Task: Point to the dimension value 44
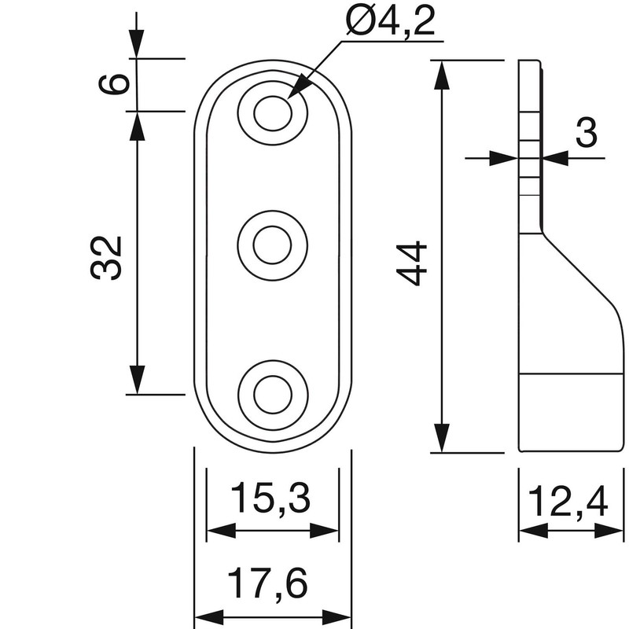pyautogui.click(x=412, y=263)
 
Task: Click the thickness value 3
pyautogui.click(x=585, y=134)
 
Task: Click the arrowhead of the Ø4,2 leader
pyautogui.click(x=298, y=89)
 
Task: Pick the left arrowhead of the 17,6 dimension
pyautogui.click(x=207, y=616)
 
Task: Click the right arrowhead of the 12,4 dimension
pyautogui.click(x=612, y=532)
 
